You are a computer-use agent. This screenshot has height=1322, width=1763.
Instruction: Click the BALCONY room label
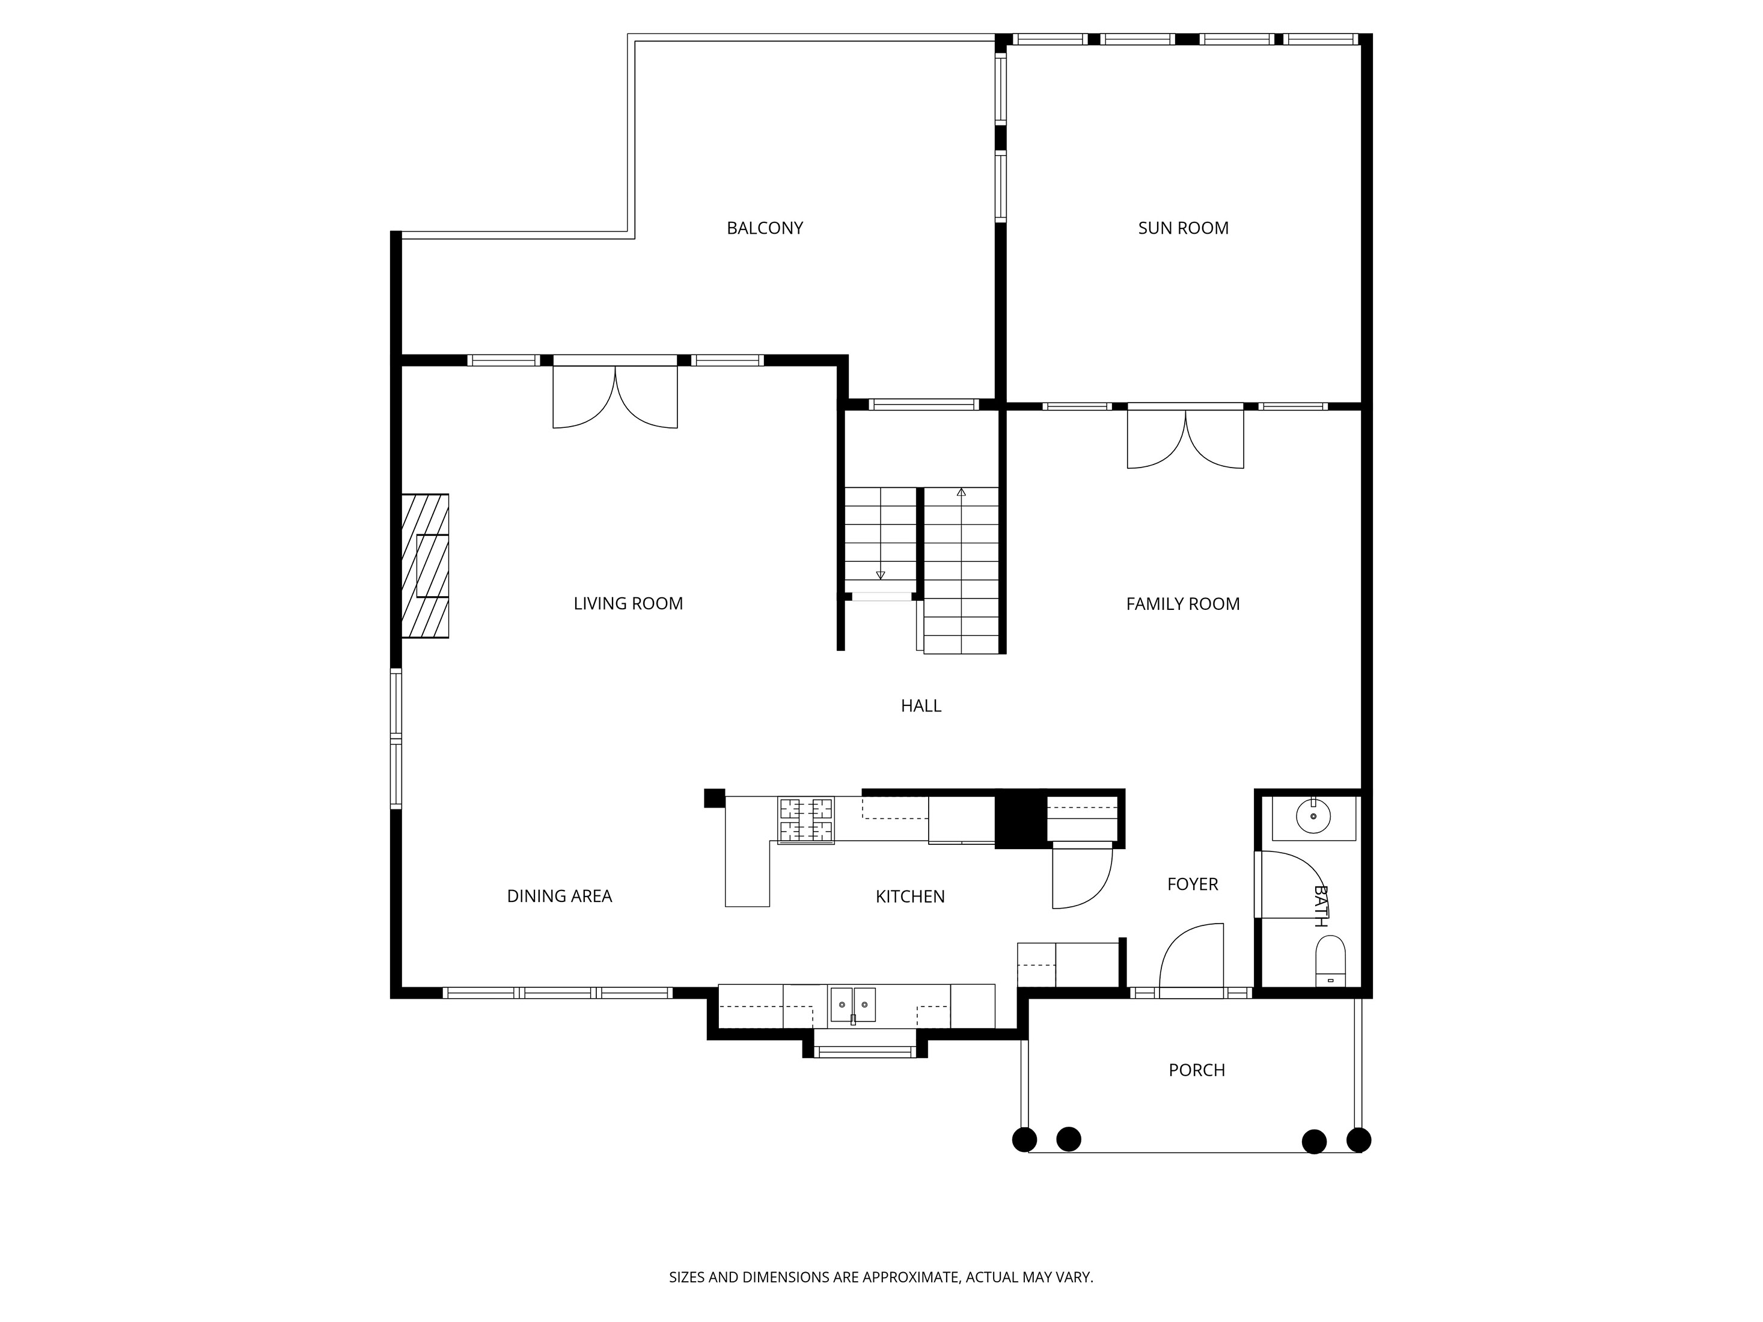point(765,228)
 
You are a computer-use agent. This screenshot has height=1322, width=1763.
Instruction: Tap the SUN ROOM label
point(1183,228)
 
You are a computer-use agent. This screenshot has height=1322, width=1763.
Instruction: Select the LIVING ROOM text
point(628,603)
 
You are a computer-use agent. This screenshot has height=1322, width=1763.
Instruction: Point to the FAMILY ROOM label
point(1183,604)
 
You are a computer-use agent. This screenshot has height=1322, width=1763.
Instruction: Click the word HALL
point(920,705)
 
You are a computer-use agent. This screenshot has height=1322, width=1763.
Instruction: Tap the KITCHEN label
point(909,897)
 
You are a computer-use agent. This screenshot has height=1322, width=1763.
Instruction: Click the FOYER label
point(1193,884)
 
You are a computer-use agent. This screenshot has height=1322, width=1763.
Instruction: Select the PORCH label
point(1196,1070)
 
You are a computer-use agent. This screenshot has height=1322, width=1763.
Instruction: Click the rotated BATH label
point(1320,906)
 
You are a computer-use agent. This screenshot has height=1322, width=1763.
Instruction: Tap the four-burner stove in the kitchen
point(806,820)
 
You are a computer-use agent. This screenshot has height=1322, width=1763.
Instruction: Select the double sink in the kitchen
point(853,1005)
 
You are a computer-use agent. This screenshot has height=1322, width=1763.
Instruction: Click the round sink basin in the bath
point(1313,817)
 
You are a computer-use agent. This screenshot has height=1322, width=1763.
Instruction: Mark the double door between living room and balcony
point(616,396)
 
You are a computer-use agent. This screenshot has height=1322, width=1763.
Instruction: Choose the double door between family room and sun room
point(1185,437)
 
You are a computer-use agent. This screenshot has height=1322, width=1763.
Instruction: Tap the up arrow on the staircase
point(961,493)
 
